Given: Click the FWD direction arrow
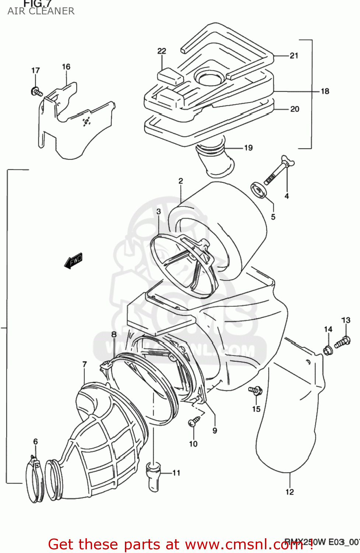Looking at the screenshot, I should click(73, 261).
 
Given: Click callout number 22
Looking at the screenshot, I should click(162, 51).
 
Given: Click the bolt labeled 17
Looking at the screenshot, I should click(36, 91).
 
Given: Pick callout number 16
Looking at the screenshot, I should click(66, 67).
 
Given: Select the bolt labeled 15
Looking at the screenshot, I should click(255, 390).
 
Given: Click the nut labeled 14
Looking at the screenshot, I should click(328, 350).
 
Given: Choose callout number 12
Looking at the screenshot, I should click(290, 492).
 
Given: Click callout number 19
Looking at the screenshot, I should click(248, 148).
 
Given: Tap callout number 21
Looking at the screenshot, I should click(294, 56).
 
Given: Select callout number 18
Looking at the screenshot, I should click(325, 91).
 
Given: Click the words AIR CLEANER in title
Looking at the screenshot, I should click(41, 11).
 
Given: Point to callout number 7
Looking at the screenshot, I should click(84, 364).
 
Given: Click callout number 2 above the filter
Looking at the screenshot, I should click(181, 181).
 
